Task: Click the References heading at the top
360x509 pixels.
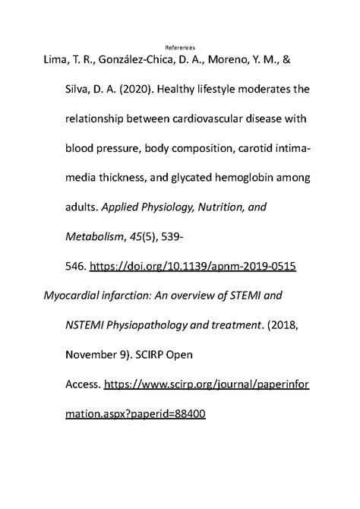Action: [x=179, y=47]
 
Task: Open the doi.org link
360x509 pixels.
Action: [x=192, y=268]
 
